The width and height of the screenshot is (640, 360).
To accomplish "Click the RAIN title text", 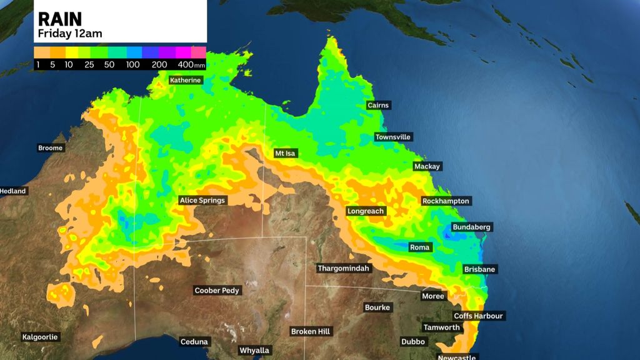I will point(60,19).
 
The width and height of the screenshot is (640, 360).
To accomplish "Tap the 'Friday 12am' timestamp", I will point(69,33).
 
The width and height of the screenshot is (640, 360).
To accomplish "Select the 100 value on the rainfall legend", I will point(133,64).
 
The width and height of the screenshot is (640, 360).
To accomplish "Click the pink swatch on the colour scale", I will point(198,52).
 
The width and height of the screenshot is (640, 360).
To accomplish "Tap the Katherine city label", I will point(186,80).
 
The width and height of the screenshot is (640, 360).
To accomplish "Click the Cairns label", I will point(378,106).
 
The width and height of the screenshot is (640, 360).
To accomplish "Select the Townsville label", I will point(394,137).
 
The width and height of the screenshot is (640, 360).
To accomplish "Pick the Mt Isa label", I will point(288,153).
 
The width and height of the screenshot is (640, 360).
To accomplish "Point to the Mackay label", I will point(427,167).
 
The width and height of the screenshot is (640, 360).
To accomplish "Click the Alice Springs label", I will point(202,201).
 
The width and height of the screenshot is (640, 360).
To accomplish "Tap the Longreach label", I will point(366,211).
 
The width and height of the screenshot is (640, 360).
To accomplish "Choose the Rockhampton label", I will point(446,201).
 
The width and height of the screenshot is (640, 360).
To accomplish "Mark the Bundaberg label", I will point(472,227).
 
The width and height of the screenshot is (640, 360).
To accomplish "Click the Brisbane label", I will point(480,269).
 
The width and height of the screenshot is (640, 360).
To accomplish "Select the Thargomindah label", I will point(344,269).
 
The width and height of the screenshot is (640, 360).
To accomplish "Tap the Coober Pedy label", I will point(217,291).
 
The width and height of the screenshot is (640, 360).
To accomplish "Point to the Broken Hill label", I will point(311,331).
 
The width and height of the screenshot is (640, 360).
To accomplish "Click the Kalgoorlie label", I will point(40,337).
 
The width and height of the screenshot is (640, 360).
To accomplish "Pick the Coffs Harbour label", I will point(478,316).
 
